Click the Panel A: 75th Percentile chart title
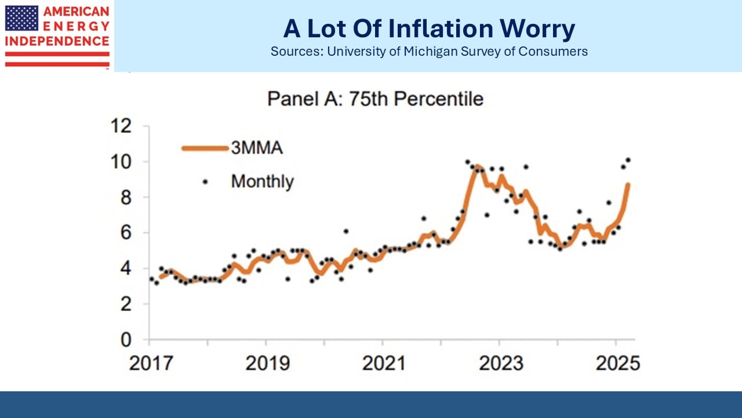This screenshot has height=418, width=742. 375,99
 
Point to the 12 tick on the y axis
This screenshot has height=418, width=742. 121,126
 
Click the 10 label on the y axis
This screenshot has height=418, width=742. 121,162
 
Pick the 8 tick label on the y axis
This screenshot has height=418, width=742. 126,198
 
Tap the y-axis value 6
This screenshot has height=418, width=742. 126,233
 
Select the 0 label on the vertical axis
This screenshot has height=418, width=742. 126,340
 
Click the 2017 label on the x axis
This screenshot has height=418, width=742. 151,363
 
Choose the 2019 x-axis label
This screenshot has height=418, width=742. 268,363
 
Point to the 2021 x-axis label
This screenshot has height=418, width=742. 384,363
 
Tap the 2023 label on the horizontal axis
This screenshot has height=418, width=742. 501,363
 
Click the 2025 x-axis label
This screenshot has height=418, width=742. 618,363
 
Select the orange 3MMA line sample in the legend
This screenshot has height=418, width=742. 205,148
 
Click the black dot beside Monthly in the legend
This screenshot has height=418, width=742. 205,182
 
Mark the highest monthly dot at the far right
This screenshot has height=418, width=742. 628,160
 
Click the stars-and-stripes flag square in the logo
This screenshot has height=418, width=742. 21,18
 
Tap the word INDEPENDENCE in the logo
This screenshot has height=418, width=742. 57,41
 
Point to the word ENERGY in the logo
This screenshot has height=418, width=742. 76,27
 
